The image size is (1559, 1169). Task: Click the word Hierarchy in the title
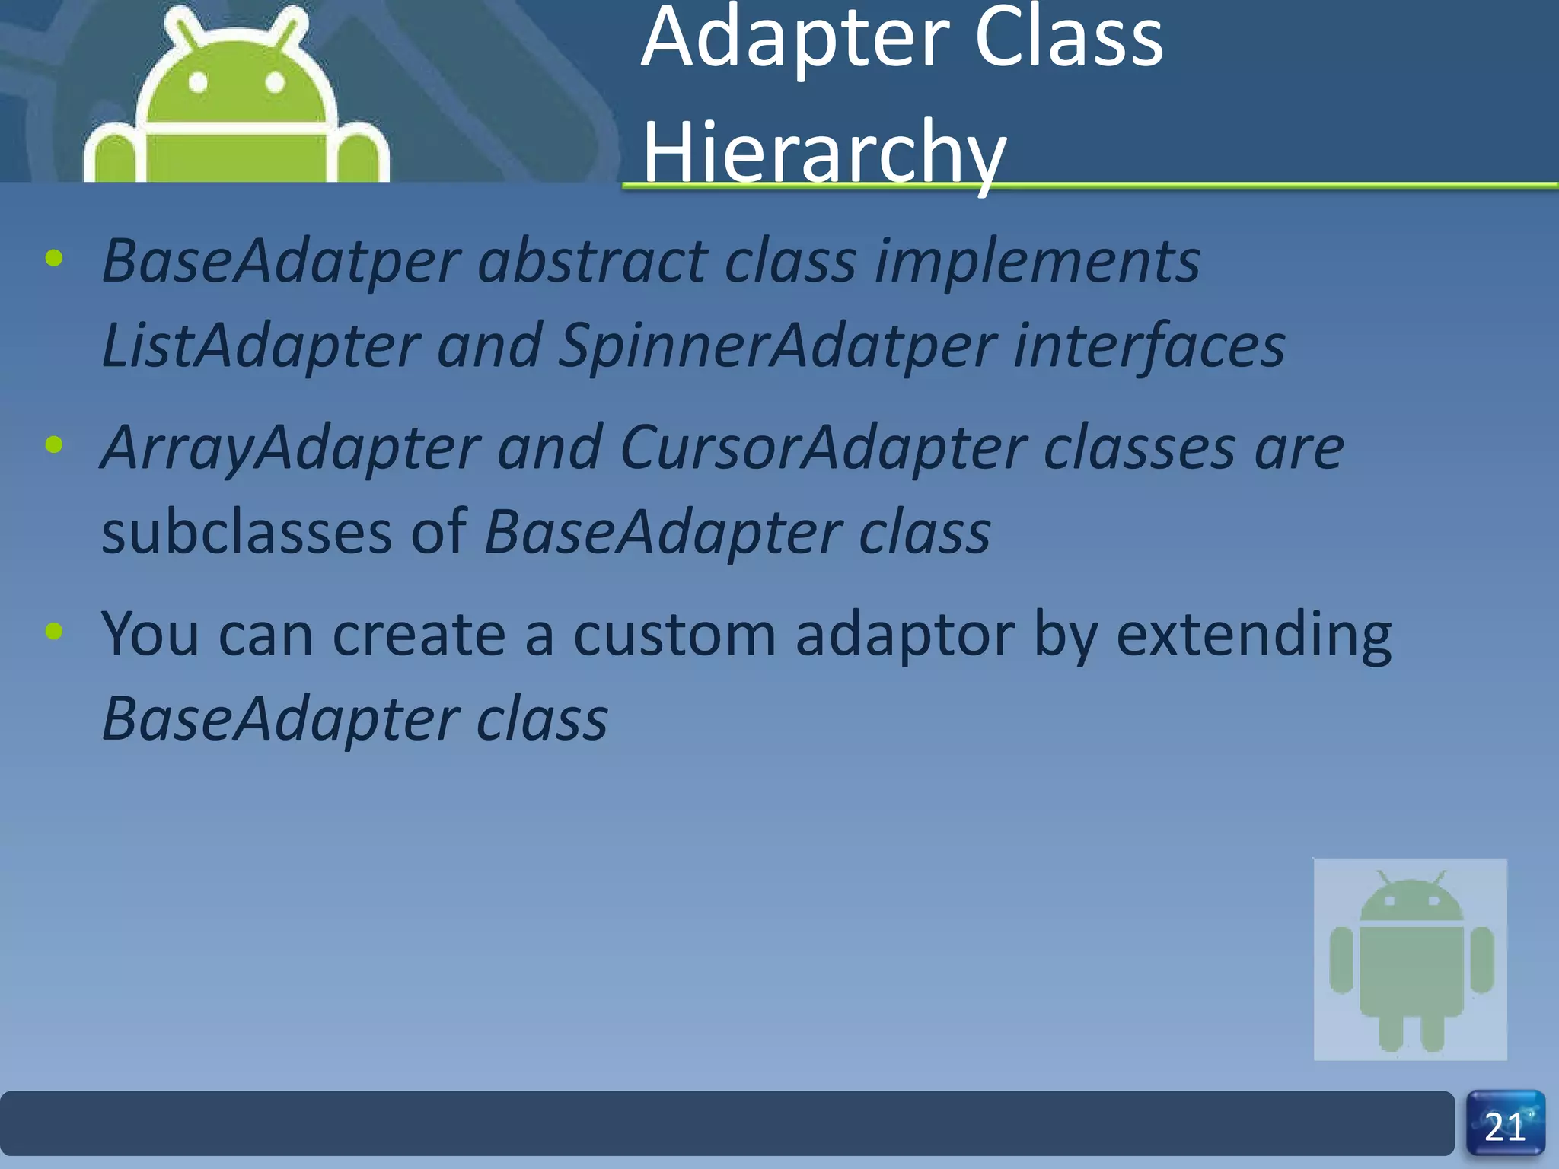click(824, 152)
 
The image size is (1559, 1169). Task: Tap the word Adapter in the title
click(795, 38)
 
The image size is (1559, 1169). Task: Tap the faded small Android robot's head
click(1411, 902)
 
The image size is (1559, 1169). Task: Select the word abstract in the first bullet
click(592, 261)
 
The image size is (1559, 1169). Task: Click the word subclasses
click(247, 532)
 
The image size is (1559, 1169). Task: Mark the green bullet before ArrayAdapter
click(54, 444)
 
